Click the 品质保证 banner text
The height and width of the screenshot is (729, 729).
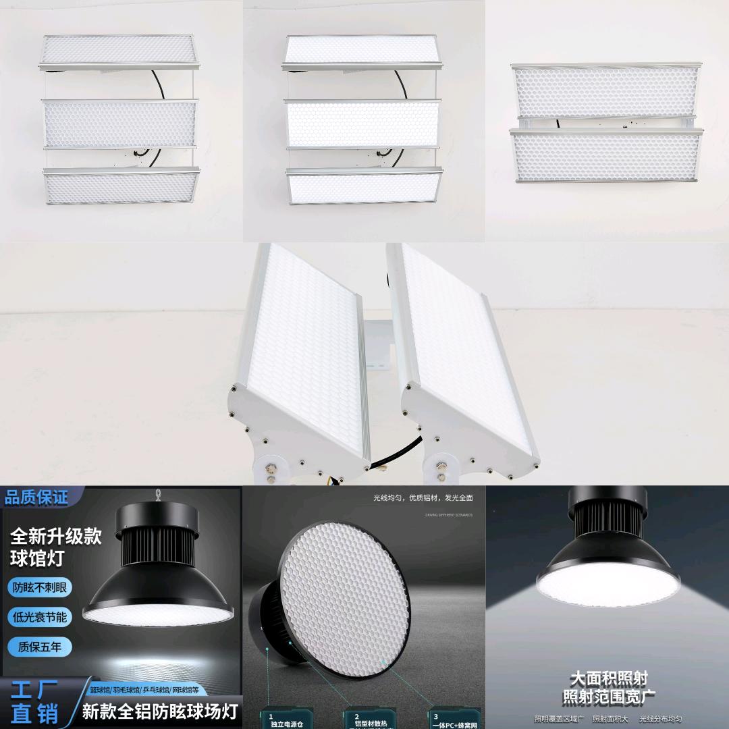[x=36, y=498]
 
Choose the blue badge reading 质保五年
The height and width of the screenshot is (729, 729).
[x=40, y=647]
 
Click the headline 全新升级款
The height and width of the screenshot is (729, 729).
[x=55, y=537]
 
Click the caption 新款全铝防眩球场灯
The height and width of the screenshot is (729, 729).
[x=160, y=711]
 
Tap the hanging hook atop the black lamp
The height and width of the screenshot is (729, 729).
[x=159, y=495]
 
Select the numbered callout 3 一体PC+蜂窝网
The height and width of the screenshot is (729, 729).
[x=456, y=720]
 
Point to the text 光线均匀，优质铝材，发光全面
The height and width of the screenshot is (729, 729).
[x=423, y=497]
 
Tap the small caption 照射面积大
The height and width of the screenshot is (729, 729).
[x=610, y=719]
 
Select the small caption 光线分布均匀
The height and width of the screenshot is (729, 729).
[x=660, y=719]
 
